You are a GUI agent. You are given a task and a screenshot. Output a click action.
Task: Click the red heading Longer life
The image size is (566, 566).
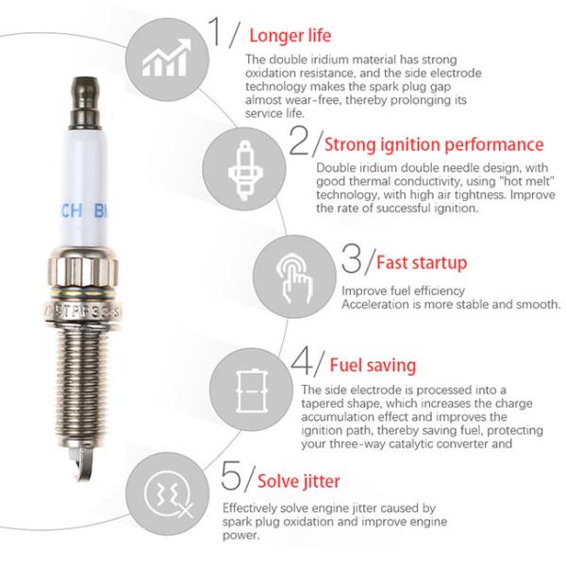[290, 37]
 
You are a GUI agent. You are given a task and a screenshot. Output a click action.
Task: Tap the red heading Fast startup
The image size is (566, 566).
[421, 261]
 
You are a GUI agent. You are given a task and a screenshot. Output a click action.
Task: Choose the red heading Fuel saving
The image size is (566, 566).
[372, 364]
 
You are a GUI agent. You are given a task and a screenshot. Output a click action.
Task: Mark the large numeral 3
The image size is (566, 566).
[351, 258]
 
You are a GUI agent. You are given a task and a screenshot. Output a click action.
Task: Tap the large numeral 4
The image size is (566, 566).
[302, 362]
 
